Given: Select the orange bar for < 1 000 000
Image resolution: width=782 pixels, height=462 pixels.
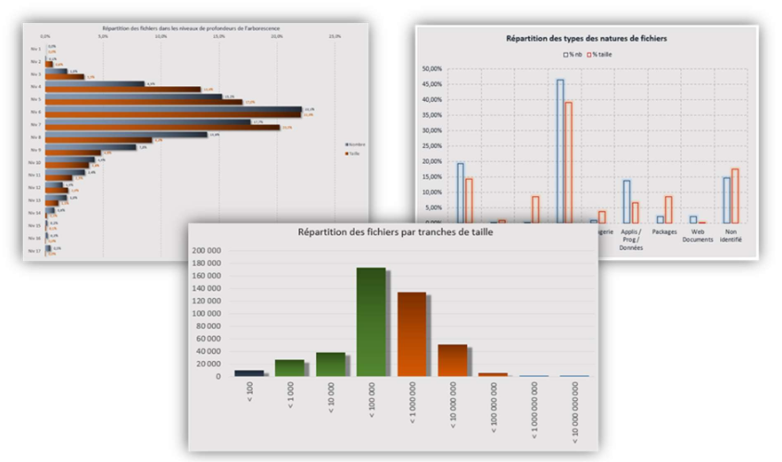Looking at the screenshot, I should tap(412, 334).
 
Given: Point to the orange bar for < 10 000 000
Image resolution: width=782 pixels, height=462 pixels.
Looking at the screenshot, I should tap(453, 360).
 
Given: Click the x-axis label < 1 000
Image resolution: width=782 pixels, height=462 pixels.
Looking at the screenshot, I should tap(289, 396).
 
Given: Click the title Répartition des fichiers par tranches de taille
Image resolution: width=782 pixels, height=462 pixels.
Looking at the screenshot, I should tap(394, 231).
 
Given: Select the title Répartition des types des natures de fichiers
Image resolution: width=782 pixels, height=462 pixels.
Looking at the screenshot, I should tap(586, 39).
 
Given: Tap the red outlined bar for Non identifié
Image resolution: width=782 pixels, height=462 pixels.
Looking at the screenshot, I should tap(736, 195).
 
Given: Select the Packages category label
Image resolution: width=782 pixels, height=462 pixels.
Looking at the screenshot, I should tap(664, 232).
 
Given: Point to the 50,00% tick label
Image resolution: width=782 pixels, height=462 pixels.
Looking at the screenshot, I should tap(433, 69).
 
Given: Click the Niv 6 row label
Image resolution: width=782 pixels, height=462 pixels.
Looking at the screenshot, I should tap(35, 111).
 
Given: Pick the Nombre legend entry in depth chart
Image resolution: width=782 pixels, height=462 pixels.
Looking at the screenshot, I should tap(355, 145).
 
